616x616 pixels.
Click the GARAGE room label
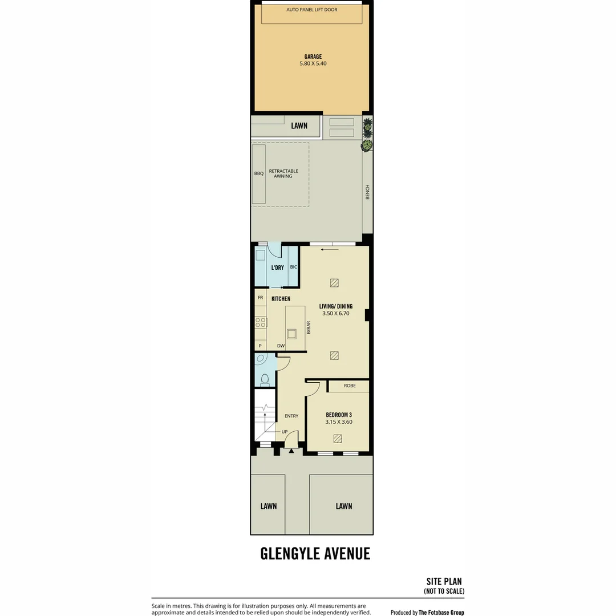[313, 56]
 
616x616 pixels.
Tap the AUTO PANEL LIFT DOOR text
[311, 10]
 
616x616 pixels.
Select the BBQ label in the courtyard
[259, 173]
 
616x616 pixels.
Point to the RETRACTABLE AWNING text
[283, 173]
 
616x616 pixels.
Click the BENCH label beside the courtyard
[368, 192]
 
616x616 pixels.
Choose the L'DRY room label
[277, 268]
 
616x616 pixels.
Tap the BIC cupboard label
[294, 267]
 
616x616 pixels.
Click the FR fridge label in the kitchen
[261, 298]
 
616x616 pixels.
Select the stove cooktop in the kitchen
[261, 322]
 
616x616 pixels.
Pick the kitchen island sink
[291, 334]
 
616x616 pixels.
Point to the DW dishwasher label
[281, 346]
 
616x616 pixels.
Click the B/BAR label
[309, 327]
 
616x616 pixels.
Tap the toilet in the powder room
[265, 380]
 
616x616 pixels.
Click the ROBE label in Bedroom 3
[350, 386]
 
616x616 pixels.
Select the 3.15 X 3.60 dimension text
[339, 422]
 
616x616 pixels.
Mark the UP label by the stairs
[285, 432]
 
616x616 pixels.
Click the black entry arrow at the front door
[291, 451]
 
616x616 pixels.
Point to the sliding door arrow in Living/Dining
[330, 249]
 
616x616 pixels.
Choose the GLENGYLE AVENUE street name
[315, 553]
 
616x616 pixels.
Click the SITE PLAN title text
[444, 581]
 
